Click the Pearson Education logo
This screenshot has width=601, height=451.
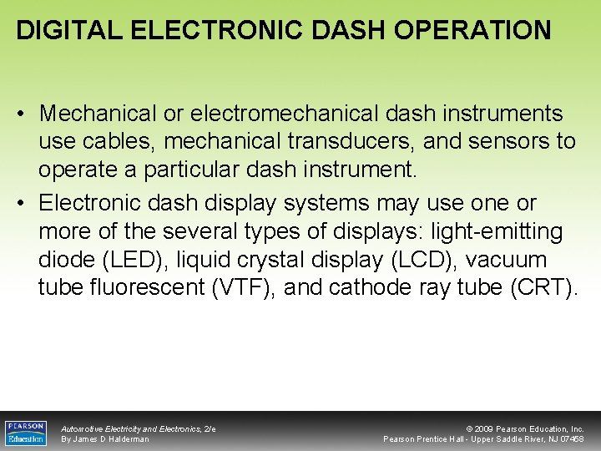[x=26, y=433]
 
